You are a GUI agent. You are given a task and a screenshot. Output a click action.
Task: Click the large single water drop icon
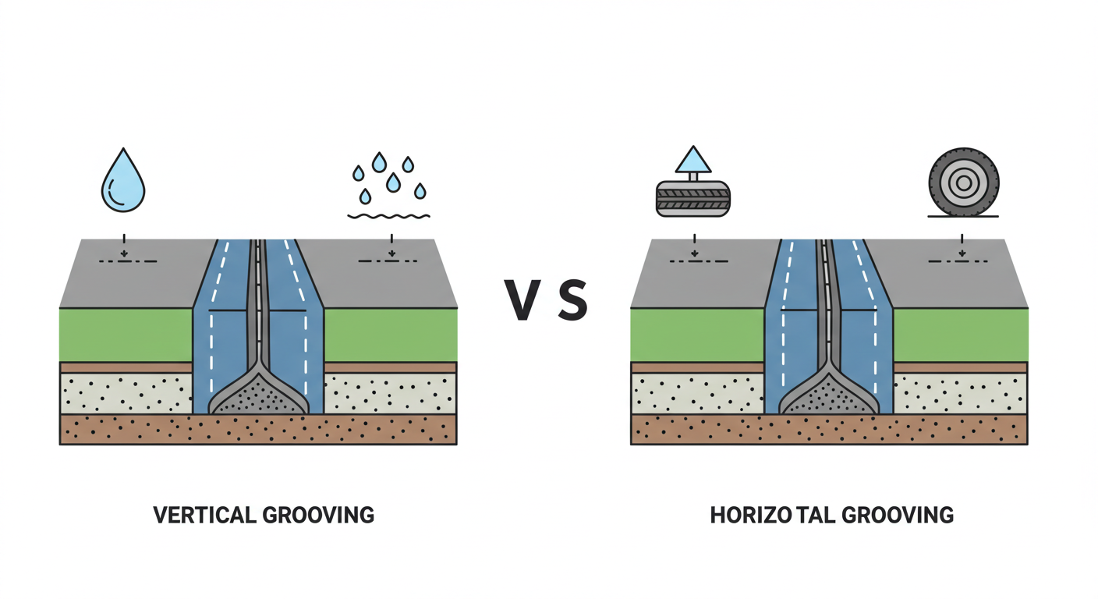coord(123,181)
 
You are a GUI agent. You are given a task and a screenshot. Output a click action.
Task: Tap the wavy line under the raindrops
coord(388,215)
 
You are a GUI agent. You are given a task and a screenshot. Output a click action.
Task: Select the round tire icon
coord(963,183)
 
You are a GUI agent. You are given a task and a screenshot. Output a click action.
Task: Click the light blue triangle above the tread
coord(693,161)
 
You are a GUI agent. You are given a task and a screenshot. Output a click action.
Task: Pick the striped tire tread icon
coord(692,199)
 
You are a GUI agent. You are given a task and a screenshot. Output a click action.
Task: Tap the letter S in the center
coord(573,301)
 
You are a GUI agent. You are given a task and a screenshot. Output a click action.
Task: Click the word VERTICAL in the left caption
coord(204,515)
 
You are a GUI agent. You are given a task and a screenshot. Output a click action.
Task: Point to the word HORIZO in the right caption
coord(749,515)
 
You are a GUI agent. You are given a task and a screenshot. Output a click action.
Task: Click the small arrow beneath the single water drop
coord(123,251)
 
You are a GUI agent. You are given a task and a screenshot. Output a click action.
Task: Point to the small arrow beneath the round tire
coord(962,251)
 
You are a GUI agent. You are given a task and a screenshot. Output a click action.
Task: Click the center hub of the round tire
coord(963,183)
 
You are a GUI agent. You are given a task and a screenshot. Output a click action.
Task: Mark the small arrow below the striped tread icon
coord(693,251)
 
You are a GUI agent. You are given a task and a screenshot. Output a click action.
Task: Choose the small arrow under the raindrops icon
coord(391,251)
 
